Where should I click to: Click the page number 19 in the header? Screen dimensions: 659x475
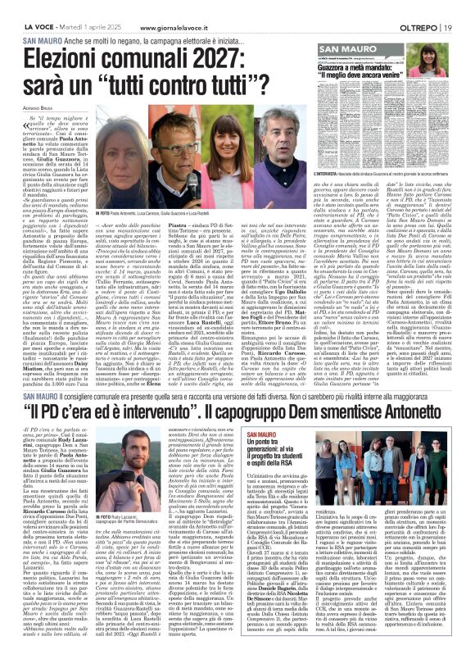pyautogui.click(x=449, y=28)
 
